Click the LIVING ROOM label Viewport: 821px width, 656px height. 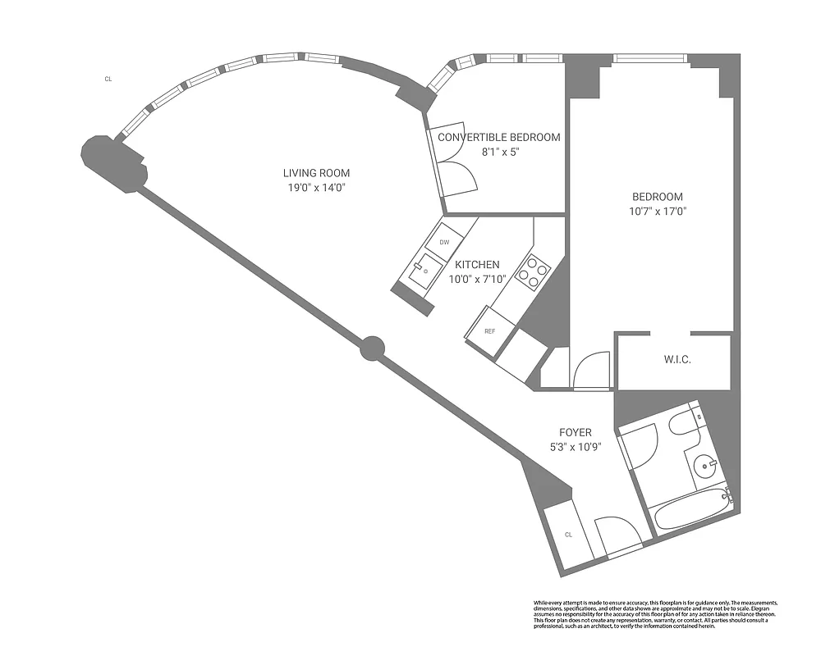click(x=316, y=173)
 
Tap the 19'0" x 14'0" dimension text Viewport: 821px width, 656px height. click(x=316, y=188)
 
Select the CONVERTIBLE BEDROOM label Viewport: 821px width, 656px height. click(x=498, y=137)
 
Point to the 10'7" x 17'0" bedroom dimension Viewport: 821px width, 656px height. click(x=657, y=211)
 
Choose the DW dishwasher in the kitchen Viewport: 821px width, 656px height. click(x=444, y=242)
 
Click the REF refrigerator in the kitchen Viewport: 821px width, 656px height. click(x=489, y=331)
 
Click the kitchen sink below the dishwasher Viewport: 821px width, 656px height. click(x=424, y=268)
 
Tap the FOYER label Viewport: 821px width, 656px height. click(x=575, y=432)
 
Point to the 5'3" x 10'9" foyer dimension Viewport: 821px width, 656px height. click(x=575, y=447)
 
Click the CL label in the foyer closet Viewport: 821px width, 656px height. click(x=567, y=535)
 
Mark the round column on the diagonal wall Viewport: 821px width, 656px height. click(x=373, y=348)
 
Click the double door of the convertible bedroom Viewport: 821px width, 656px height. click(x=456, y=174)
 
